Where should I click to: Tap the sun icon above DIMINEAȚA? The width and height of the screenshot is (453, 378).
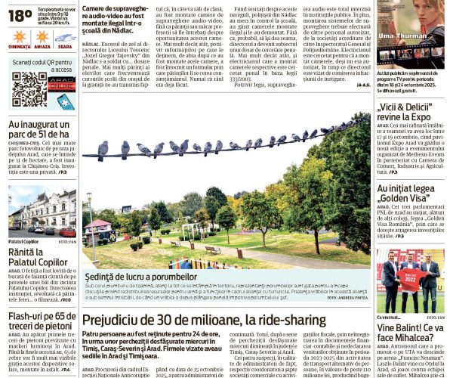(20, 36)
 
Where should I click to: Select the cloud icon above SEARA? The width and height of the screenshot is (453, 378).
(63, 36)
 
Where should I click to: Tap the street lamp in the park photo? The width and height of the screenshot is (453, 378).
(89, 219)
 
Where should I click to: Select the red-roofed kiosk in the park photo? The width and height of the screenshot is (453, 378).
(99, 227)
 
